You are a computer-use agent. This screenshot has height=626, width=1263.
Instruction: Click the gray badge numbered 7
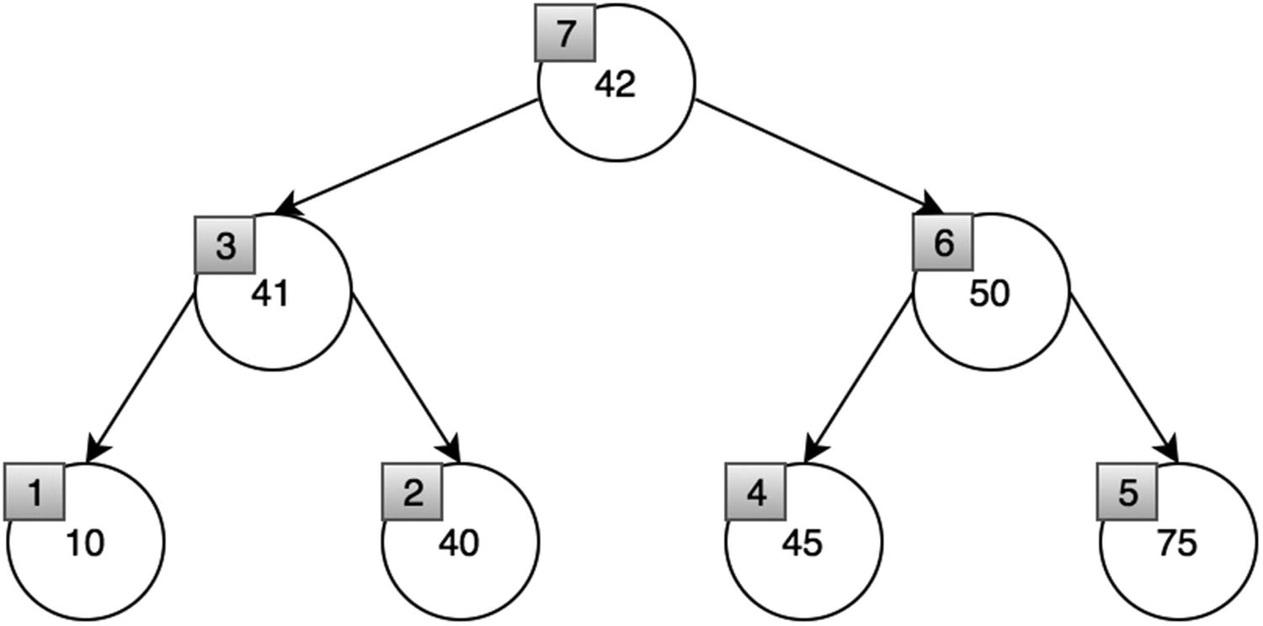565,33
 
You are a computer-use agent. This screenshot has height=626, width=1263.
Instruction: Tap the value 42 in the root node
616,85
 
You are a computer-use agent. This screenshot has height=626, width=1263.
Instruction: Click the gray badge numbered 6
943,243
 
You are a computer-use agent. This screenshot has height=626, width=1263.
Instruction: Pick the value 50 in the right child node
989,296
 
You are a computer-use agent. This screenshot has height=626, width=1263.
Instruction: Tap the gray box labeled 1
35,491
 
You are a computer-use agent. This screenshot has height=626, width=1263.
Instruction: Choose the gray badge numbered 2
413,493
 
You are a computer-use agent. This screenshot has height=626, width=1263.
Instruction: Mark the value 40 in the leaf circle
459,543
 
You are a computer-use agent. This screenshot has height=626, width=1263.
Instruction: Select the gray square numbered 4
756,493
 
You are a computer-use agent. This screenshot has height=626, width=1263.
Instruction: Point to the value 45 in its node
802,543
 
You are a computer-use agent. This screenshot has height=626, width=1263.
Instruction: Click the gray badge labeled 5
1127,493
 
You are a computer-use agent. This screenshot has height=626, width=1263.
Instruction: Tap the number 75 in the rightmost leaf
1176,543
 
